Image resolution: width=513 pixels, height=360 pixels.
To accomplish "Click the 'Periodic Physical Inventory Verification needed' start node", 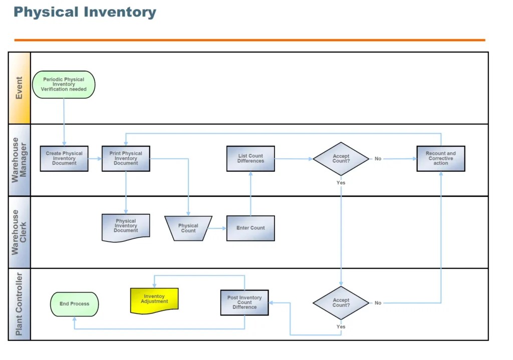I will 64,84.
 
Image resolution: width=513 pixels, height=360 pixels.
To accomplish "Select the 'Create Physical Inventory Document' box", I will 64,158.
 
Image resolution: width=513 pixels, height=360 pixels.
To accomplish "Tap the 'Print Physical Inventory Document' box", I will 126,158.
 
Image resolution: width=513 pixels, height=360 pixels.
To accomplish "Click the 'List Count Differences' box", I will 250,158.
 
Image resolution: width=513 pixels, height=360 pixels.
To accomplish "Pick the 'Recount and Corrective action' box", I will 441,158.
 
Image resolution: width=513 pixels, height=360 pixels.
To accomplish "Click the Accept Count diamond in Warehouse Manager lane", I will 341,159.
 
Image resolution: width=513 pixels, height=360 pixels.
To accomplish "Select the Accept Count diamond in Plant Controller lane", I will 341,303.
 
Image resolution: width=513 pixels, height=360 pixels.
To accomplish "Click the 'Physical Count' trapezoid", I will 188,228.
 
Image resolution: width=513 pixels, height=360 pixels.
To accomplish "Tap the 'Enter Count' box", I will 250,228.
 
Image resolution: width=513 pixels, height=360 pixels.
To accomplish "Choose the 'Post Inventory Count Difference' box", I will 244,302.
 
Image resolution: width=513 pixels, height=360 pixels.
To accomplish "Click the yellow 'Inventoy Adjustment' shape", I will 154,300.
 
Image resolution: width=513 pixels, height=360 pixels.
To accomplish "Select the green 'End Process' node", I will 75,304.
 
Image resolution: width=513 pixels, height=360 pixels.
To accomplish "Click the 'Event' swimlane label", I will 19,88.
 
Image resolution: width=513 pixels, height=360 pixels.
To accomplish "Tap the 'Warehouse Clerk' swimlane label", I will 19,232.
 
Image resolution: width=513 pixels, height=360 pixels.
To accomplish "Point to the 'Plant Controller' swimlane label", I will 19,304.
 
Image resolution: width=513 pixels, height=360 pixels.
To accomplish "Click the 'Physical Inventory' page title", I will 85,12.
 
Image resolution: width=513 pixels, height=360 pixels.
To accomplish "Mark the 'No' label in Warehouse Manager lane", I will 378,159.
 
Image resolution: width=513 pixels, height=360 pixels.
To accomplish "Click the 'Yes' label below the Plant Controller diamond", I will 341,327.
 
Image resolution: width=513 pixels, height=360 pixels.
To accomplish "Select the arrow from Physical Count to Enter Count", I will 217,228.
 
